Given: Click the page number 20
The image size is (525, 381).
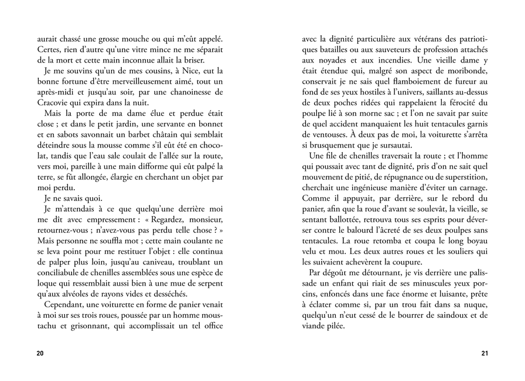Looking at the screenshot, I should [x=40, y=353].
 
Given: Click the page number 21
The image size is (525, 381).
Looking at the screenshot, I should [x=484, y=353].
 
